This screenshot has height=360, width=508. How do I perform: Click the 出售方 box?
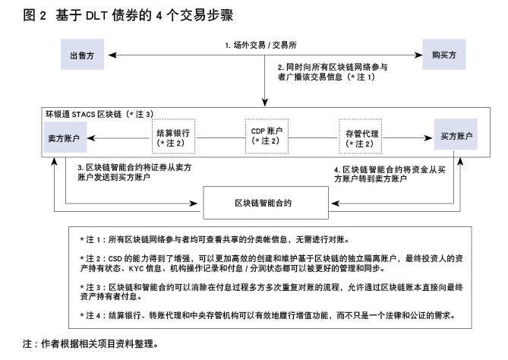[x=82, y=55]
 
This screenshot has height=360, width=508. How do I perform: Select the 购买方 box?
[x=444, y=55]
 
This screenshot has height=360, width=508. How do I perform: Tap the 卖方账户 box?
[x=65, y=137]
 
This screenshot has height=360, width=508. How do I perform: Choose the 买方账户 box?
[x=456, y=134]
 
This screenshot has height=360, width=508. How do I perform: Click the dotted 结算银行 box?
[x=174, y=136]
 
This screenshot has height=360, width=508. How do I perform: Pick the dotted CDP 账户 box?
[x=267, y=136]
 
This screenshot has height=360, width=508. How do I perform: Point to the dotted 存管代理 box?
[x=360, y=136]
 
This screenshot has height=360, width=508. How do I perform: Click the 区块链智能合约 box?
[x=266, y=203]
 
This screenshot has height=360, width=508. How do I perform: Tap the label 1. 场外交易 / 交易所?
[x=260, y=45]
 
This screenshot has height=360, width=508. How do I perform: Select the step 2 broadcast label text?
[x=333, y=72]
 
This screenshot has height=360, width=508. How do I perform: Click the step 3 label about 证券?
[x=134, y=172]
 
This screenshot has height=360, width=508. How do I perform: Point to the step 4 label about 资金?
[x=390, y=174]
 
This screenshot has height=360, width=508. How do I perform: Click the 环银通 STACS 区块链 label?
[x=99, y=114]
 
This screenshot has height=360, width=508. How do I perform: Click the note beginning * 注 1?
[x=215, y=239]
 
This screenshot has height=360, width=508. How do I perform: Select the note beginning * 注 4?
[x=267, y=315]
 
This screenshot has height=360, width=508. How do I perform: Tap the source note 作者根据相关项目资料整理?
[x=90, y=343]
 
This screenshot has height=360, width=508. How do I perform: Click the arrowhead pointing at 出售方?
[x=112, y=55]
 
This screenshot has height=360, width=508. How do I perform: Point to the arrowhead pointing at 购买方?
[x=418, y=55]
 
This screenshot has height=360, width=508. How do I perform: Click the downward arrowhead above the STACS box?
[x=265, y=103]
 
